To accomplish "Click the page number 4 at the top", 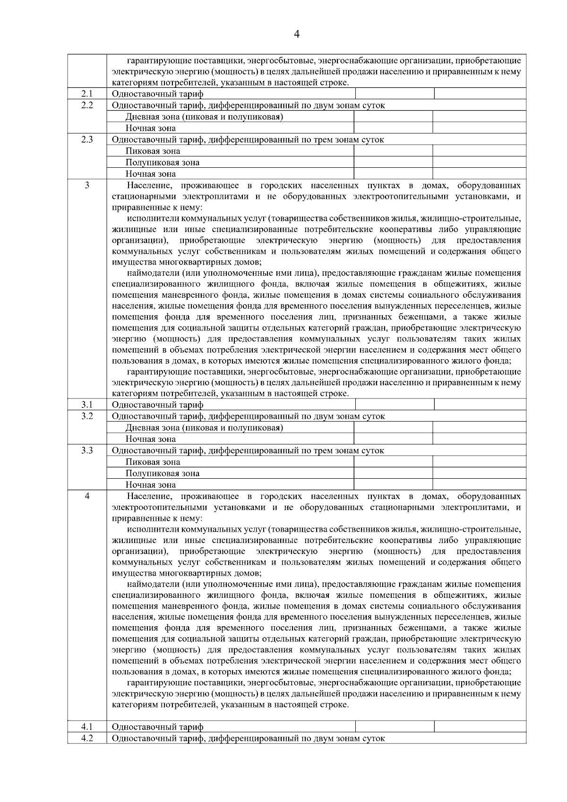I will (x=297, y=34).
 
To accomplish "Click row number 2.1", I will (x=87, y=94).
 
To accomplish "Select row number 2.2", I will (x=87, y=105).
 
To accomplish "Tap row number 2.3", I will (x=87, y=139).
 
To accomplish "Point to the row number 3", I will (x=87, y=185).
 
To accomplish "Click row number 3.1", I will (x=87, y=405).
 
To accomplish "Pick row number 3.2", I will (x=87, y=416).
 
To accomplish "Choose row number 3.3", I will (x=87, y=450).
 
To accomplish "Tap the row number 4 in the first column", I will (x=87, y=496).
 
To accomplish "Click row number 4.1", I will (x=87, y=727).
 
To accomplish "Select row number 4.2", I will (x=87, y=738).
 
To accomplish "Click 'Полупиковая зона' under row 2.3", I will (x=162, y=163).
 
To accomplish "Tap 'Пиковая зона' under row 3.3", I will (x=153, y=462).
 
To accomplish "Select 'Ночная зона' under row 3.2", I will (x=150, y=439).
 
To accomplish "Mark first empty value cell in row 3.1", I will (x=394, y=405).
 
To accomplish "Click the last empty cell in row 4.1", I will (x=480, y=727).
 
